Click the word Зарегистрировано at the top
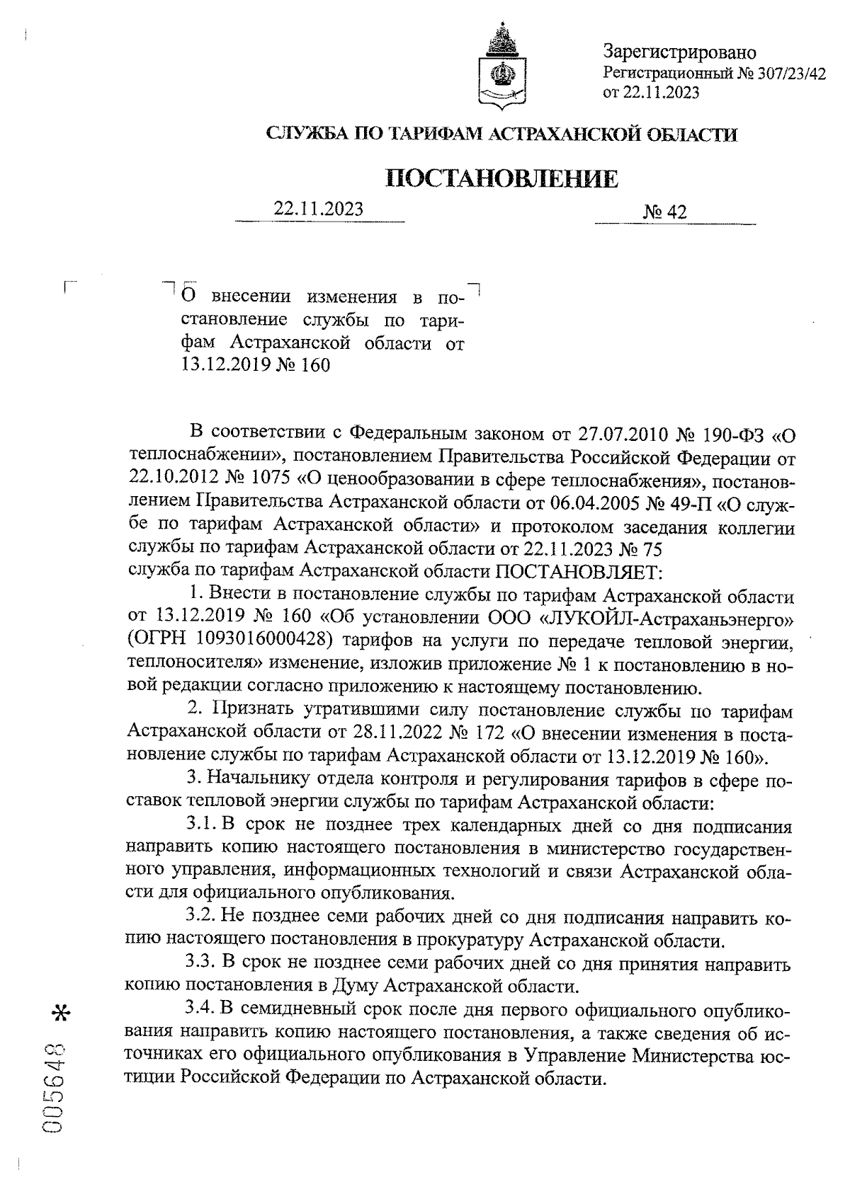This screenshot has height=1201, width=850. (679, 52)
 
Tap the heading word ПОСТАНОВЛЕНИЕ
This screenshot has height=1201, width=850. (502, 178)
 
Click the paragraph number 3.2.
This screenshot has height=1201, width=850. (200, 918)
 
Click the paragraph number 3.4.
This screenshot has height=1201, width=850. (200, 1009)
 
